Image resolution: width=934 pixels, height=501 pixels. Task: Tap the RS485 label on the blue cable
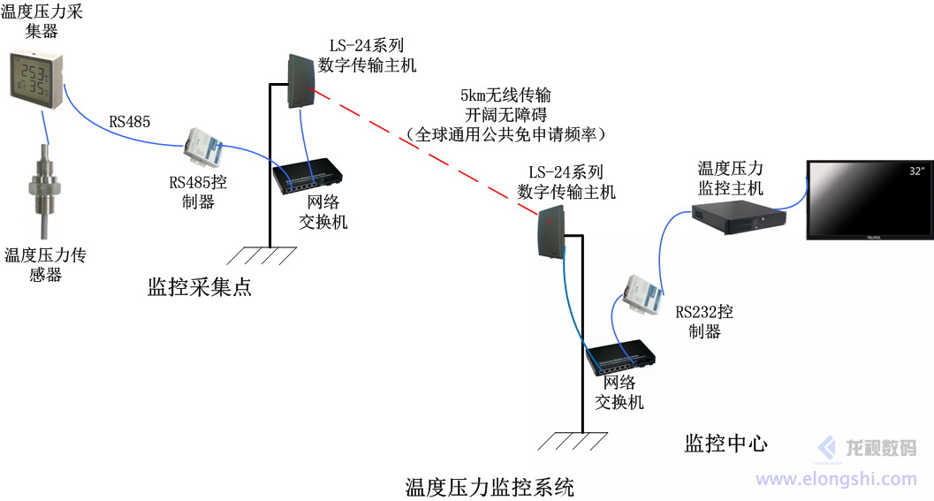click(129, 122)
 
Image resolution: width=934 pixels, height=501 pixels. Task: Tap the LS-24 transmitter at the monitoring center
click(549, 232)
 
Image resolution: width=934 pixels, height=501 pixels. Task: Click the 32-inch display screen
click(869, 200)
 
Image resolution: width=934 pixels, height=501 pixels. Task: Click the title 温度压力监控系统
click(490, 486)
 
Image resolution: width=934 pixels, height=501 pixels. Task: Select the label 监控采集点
click(200, 286)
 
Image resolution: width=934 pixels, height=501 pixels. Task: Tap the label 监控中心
click(726, 443)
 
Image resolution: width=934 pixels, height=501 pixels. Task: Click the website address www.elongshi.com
click(836, 479)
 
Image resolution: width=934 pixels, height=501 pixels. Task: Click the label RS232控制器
click(703, 322)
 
